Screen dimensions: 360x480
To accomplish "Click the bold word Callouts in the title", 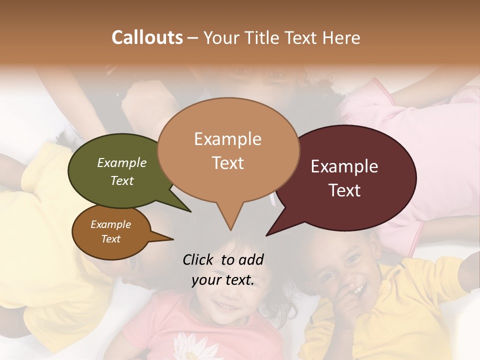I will (147, 37).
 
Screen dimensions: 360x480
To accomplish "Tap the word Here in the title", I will (341, 37).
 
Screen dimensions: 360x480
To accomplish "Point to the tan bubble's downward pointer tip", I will (230, 229).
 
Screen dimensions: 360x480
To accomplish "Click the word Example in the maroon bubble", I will (344, 166).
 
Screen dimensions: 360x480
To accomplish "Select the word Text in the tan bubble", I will (228, 163).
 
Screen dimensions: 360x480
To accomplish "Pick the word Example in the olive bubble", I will (122, 163).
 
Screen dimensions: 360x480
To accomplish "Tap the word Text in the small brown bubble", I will (111, 239).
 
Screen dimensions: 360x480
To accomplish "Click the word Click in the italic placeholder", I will (199, 259).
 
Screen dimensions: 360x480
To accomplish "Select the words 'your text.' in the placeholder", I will (223, 280).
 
